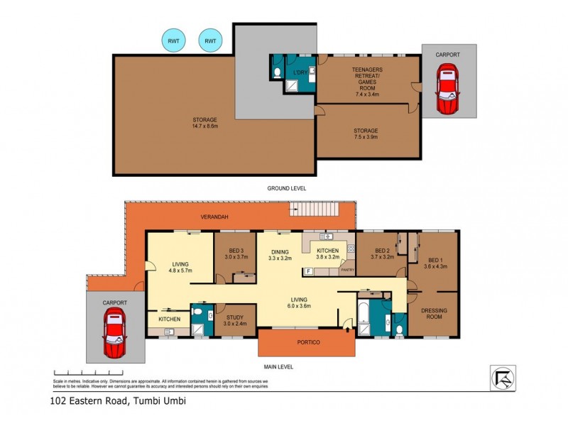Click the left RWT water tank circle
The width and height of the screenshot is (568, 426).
coord(173,41)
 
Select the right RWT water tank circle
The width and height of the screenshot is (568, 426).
coord(210,41)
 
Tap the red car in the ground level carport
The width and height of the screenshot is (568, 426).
coord(447,89)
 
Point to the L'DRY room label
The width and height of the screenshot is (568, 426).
coord(300,72)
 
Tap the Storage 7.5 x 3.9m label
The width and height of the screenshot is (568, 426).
coord(366,134)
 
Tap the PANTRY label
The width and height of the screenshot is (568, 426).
coord(347,270)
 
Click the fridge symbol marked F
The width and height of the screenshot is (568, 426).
coord(309,271)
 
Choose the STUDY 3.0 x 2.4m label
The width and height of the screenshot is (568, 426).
coord(236,320)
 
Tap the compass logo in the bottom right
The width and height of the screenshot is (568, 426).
coord(503,377)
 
